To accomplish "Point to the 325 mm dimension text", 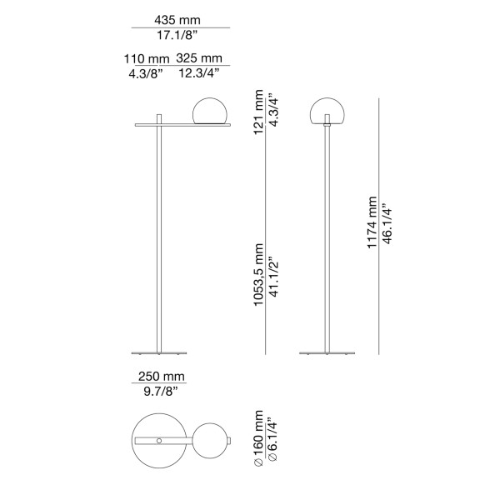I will pyautogui.click(x=199, y=58).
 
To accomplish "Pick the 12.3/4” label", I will pyautogui.click(x=198, y=74).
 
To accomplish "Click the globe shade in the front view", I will pyautogui.click(x=327, y=111).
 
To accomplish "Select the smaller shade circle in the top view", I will pyautogui.click(x=208, y=441).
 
